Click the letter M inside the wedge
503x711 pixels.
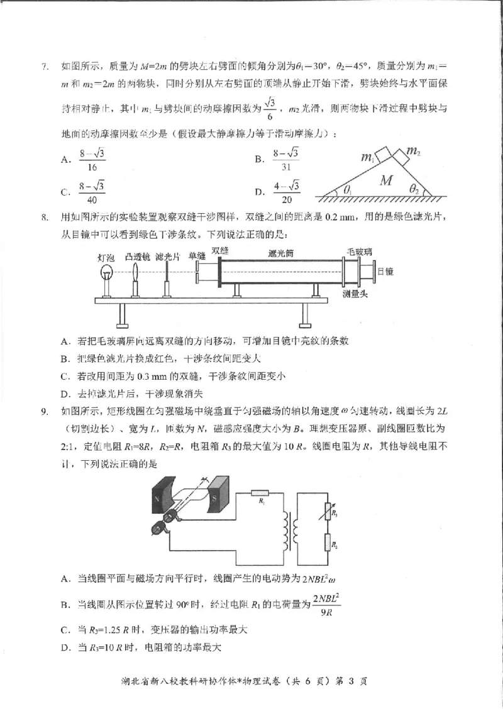[387, 181]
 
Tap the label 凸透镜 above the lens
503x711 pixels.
[137, 256]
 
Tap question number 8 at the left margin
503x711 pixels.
[45, 218]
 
